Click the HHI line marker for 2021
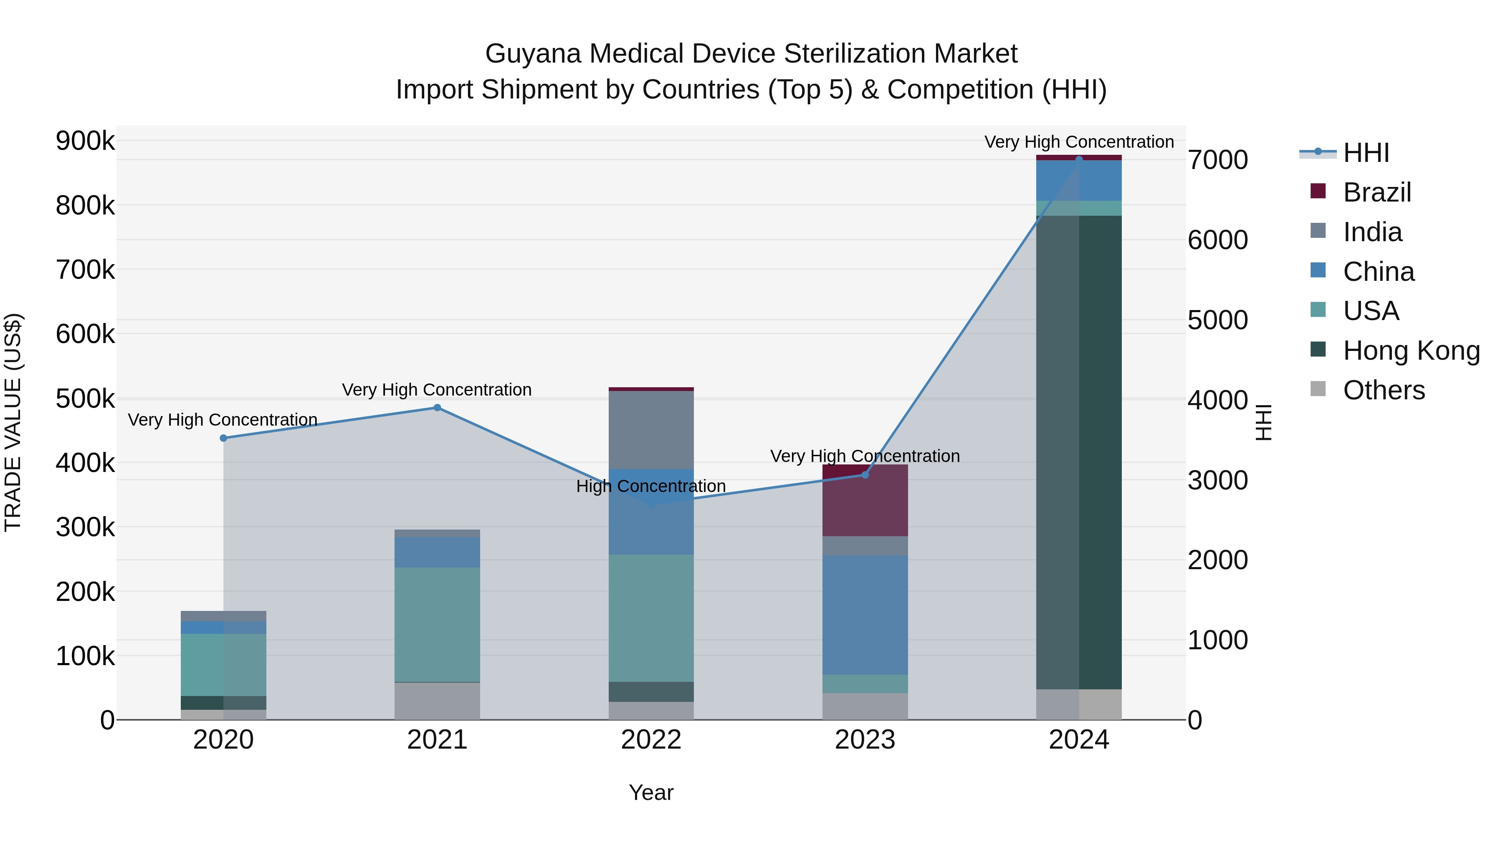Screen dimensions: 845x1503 437,408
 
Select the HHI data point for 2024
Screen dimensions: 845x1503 1079,159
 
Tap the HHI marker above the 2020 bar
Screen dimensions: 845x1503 223,438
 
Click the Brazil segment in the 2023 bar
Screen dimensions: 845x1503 865,500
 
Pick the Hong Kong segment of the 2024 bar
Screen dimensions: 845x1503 1079,452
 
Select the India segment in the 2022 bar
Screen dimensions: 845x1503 651,430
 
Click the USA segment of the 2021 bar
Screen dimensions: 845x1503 437,624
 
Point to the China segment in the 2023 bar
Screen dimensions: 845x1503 865,615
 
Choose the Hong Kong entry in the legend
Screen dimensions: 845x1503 1411,351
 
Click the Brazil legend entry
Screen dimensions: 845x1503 1376,192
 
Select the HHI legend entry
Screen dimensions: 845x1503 1365,153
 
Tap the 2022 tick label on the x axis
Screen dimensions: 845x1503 651,740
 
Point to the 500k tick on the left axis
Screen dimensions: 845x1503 85,399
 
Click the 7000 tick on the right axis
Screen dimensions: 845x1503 1218,160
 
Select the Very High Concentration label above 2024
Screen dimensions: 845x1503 1079,142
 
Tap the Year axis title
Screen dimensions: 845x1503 651,792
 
